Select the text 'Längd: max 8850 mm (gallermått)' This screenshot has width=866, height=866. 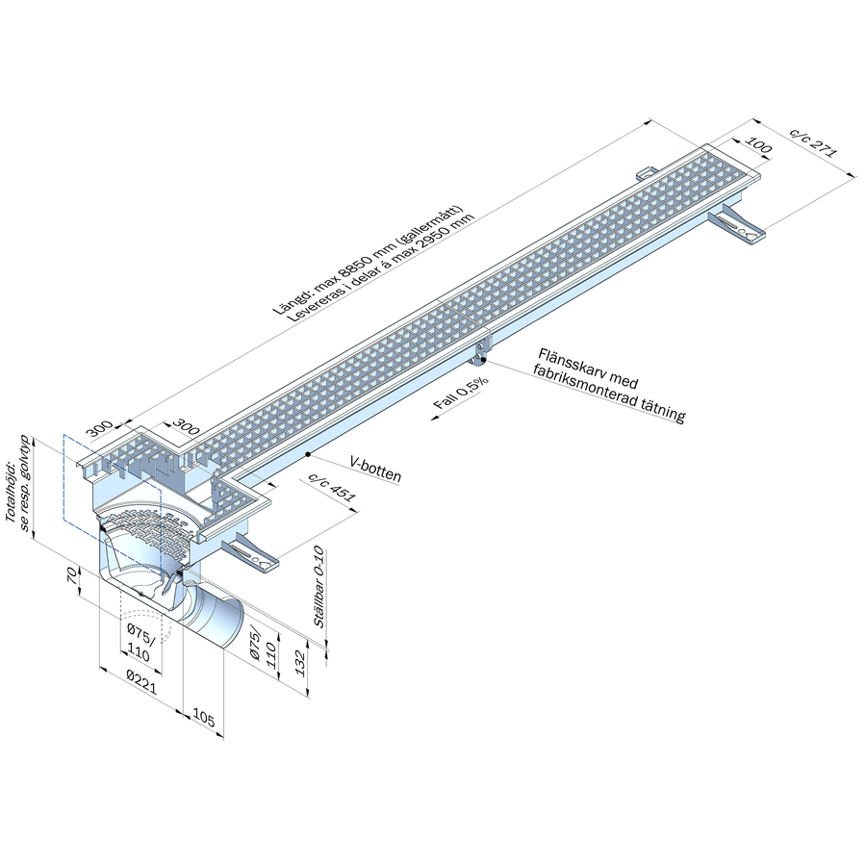click(x=369, y=259)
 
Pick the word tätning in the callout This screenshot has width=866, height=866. click(x=663, y=413)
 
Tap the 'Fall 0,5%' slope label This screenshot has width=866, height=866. click(x=460, y=394)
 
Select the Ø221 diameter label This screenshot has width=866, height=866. click(x=142, y=676)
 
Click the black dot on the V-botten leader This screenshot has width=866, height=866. click(x=307, y=453)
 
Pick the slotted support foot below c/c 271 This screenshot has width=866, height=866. click(x=739, y=225)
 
